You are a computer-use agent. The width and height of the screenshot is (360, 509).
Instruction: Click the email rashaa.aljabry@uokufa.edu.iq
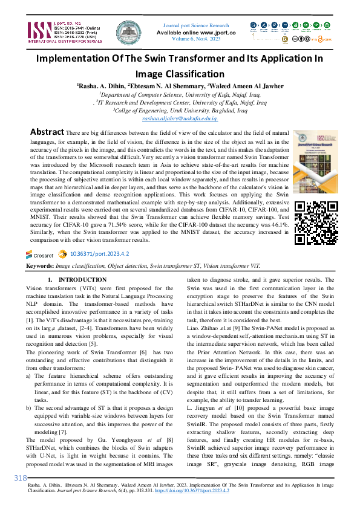(180, 120)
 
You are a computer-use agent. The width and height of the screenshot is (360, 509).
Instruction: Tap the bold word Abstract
(47, 132)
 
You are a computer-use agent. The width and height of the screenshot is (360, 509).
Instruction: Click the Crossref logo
(41, 255)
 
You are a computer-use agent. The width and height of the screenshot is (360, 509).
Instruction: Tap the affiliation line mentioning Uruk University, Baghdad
(180, 111)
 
